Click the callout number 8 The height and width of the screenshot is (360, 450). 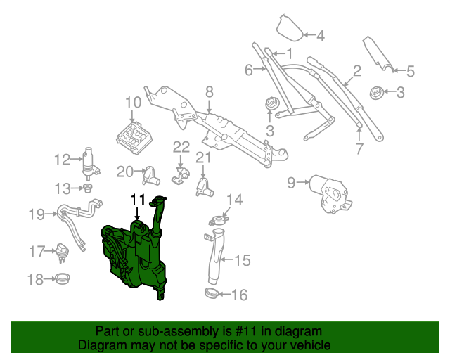point(209,91)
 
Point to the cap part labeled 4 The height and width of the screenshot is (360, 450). point(288,28)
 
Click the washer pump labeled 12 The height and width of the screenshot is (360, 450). point(90,162)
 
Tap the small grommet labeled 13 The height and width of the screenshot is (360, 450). point(88,188)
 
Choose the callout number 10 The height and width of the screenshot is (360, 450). point(134,103)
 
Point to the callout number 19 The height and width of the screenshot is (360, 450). point(37,214)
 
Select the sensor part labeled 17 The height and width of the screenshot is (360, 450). point(64,250)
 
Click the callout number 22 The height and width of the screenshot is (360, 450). point(181,147)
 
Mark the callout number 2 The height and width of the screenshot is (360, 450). point(356,70)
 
